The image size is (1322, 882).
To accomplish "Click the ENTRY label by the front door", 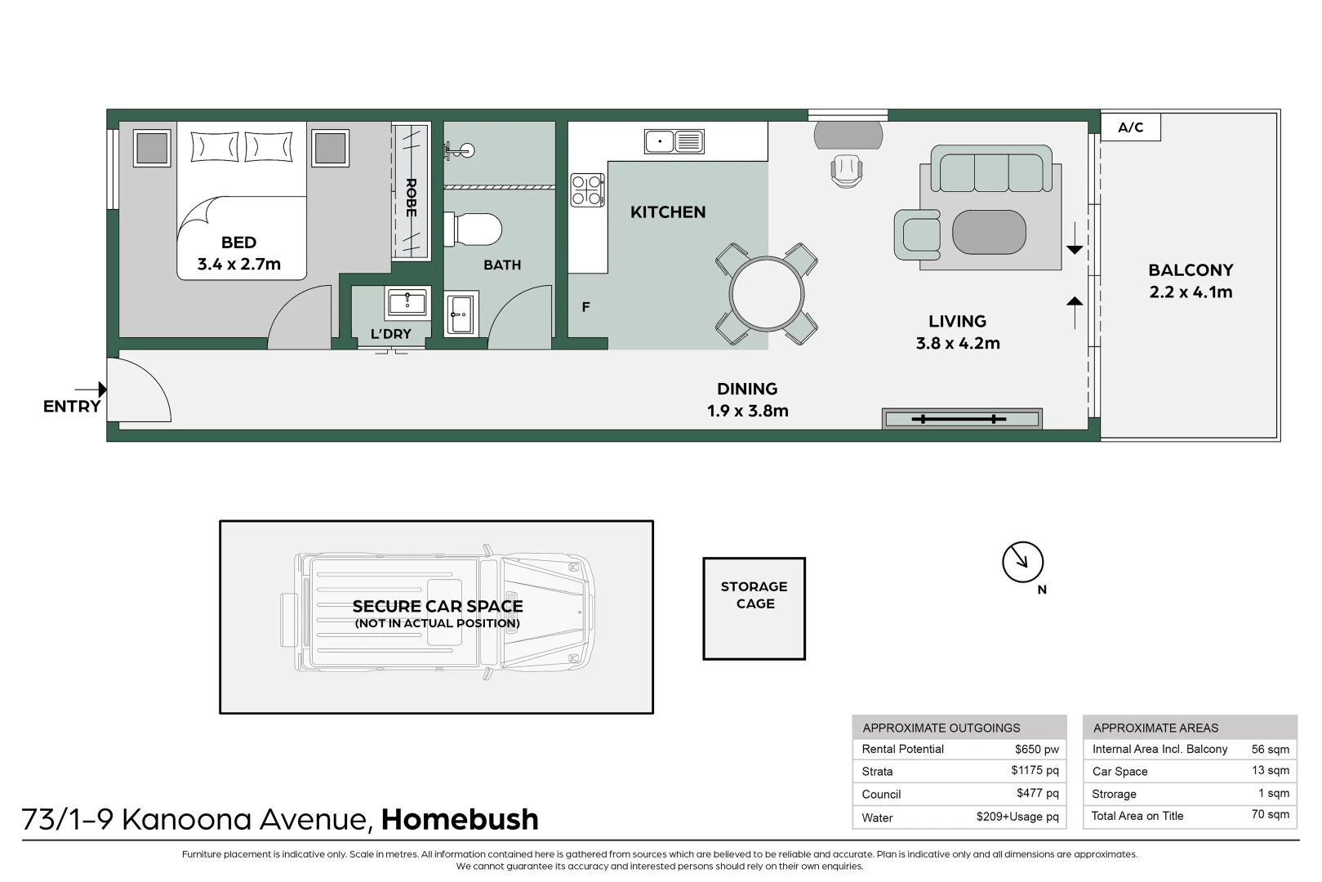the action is [x=72, y=406].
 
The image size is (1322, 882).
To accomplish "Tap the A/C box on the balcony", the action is [x=1131, y=127].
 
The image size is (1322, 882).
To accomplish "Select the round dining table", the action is [x=766, y=293].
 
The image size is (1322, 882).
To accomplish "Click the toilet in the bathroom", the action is [x=473, y=229].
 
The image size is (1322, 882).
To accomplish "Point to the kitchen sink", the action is [x=674, y=141].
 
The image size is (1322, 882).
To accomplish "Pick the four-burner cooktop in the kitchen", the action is [x=587, y=190].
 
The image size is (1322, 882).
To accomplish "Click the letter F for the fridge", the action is [x=585, y=307].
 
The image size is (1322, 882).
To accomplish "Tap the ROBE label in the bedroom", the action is [x=412, y=197].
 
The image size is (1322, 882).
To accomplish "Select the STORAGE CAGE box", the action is [x=754, y=608].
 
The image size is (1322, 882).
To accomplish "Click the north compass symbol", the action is [x=1023, y=562].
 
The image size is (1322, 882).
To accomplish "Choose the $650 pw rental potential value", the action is [x=1037, y=749].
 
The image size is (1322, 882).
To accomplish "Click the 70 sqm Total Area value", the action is [x=1270, y=815].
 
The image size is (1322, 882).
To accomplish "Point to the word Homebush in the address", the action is [x=460, y=819].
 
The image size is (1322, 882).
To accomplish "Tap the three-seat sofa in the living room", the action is [x=991, y=169].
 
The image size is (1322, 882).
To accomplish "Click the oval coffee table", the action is [x=989, y=232].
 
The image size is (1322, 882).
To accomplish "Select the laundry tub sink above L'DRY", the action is [x=407, y=301].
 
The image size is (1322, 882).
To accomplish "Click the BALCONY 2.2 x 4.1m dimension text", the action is [x=1191, y=281].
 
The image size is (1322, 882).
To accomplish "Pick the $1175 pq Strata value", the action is [x=1035, y=770].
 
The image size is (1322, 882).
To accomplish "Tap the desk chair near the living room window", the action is [x=846, y=171].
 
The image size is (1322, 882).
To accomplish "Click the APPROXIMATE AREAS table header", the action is [x=1155, y=728].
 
